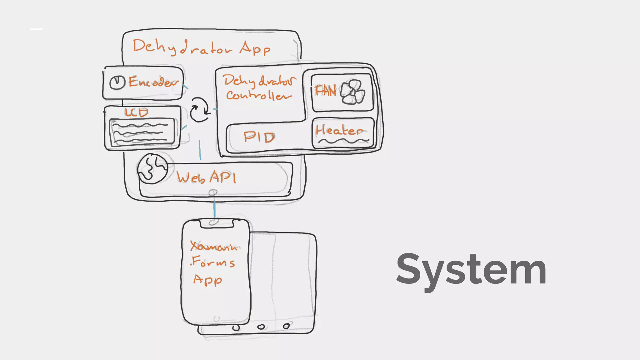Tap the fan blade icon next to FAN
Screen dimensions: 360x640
tap(352, 92)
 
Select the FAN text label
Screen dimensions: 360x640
tap(326, 91)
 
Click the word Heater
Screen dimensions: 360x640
tap(339, 130)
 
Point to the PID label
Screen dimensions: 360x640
tap(259, 137)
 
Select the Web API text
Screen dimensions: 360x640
tap(206, 177)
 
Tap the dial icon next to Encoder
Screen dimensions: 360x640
tap(117, 82)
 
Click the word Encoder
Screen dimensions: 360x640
tap(153, 82)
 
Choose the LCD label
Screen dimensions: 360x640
tap(136, 112)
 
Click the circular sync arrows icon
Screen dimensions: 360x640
tap(200, 109)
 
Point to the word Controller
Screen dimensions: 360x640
tap(259, 95)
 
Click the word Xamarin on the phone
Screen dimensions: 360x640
tap(214, 247)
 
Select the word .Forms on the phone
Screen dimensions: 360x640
tap(212, 262)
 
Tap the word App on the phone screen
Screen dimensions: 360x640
tap(207, 280)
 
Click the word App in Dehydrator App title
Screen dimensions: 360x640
tap(255, 48)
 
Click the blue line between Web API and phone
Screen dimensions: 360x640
tap(214, 209)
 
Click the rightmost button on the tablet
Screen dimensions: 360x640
tap(286, 326)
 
